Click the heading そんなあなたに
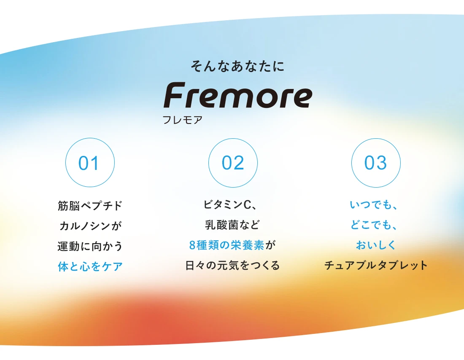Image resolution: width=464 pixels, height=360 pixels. click(237, 66)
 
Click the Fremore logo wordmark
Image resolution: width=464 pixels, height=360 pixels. click(238, 95)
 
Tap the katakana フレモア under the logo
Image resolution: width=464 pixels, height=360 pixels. click(183, 120)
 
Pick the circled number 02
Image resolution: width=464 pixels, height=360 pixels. click(233, 163)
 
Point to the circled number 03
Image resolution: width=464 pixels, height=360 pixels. click(376, 163)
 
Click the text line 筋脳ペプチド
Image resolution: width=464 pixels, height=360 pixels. click(90, 206)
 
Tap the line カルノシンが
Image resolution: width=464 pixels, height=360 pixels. click(90, 226)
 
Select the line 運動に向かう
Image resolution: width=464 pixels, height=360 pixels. click(90, 246)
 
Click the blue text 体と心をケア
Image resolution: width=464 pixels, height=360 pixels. click(90, 266)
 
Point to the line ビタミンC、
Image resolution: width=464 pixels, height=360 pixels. click(230, 204)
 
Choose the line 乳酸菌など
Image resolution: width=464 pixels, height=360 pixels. click(232, 225)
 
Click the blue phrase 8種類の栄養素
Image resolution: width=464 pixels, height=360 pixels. click(227, 245)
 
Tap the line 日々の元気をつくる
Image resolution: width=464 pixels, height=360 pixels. click(232, 265)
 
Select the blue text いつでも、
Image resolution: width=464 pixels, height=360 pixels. click(373, 204)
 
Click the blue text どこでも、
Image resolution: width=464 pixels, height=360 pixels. click(373, 225)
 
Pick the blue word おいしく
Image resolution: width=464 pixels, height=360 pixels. click(376, 245)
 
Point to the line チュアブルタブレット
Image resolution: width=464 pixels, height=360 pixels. click(376, 265)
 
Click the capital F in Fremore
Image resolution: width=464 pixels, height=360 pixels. click(175, 95)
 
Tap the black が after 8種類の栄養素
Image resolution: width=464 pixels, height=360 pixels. click(270, 245)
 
